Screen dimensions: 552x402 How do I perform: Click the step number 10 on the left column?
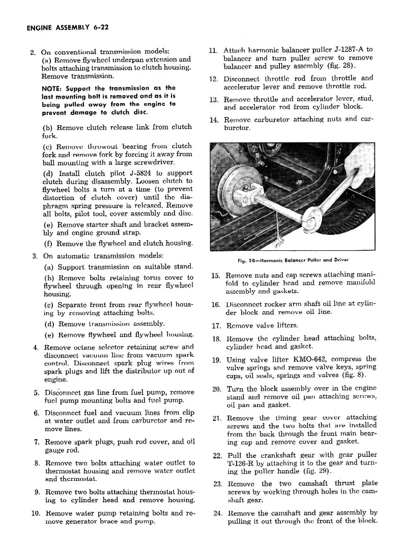(36, 513)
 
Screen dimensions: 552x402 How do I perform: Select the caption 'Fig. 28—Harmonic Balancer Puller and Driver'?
(297, 260)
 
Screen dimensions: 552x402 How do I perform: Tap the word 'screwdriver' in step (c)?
(154, 162)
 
